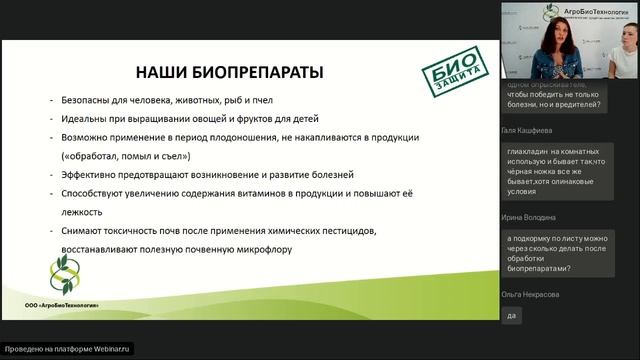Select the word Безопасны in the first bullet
(81, 100)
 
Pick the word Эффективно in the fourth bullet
(85, 174)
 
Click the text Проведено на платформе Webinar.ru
(69, 348)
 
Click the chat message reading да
(513, 315)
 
